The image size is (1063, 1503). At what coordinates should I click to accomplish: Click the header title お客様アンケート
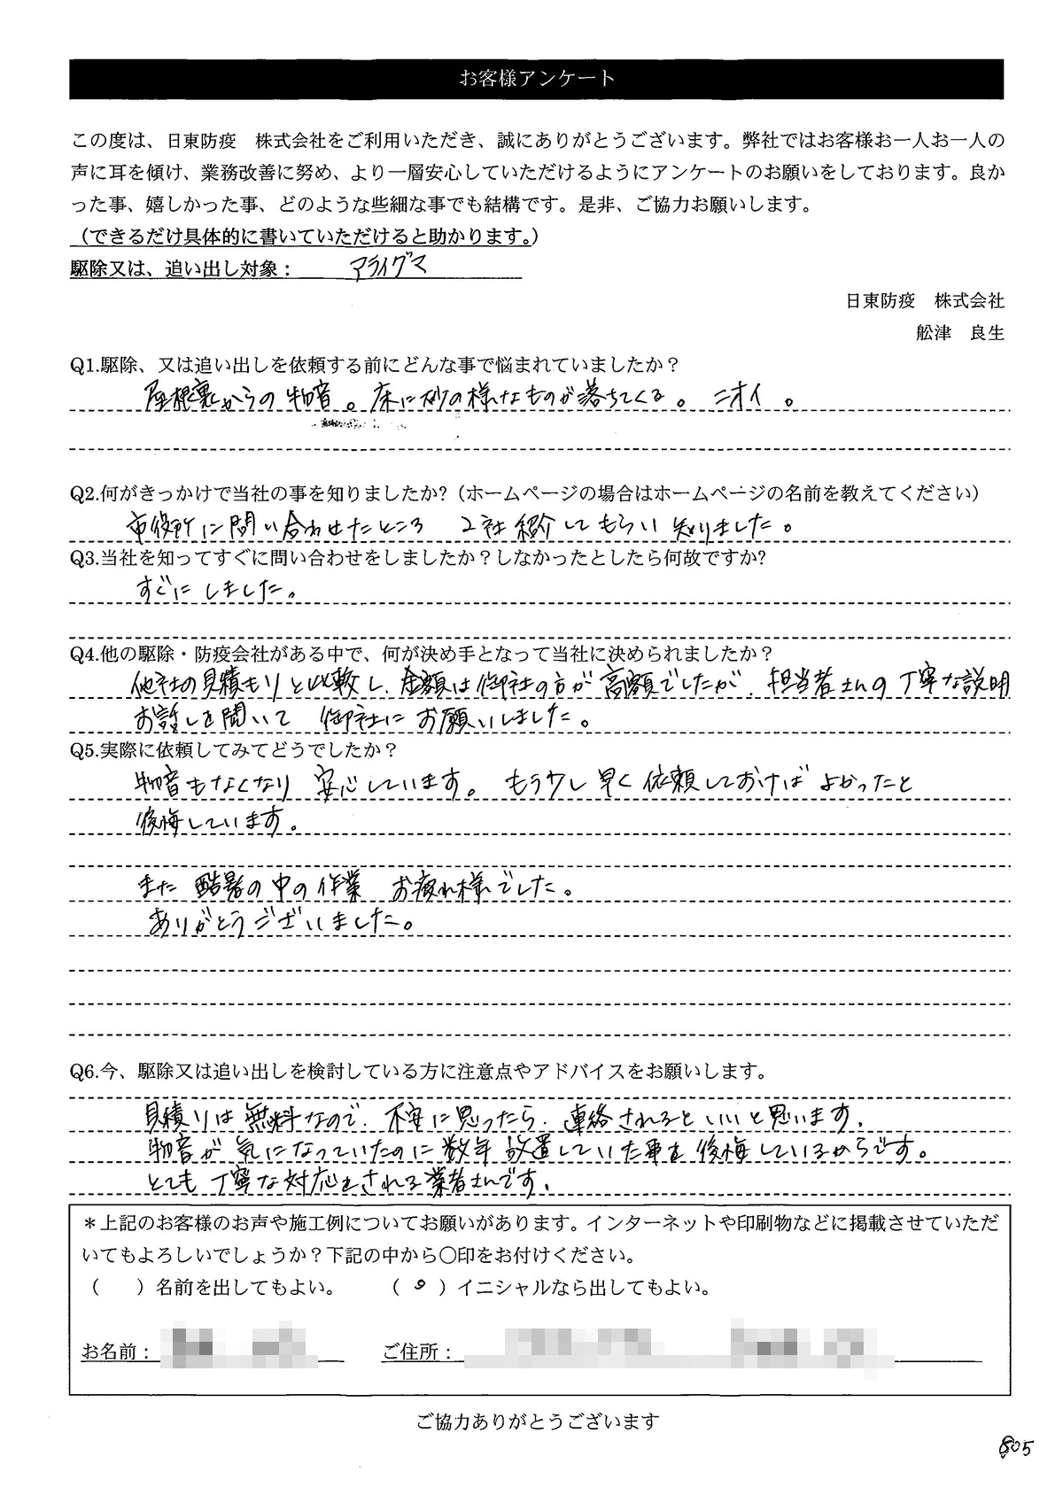(536, 79)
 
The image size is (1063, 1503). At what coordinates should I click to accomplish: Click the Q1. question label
(85, 364)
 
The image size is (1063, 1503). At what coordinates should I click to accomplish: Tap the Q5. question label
(85, 750)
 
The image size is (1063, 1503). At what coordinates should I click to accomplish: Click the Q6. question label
(85, 1072)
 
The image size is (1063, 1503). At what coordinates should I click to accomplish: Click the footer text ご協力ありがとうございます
(538, 1422)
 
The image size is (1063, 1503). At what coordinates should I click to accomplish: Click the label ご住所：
(417, 1352)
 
